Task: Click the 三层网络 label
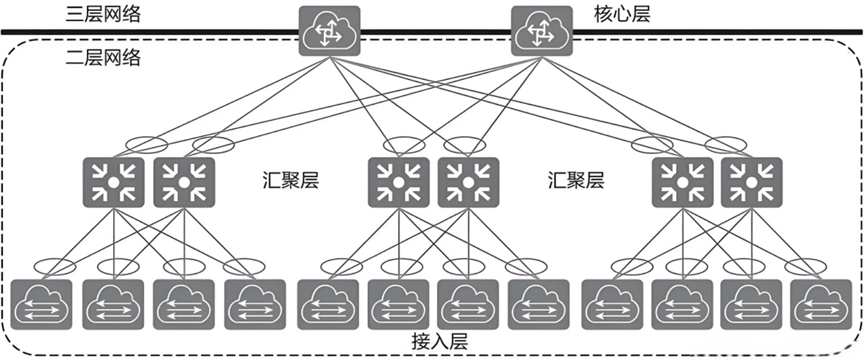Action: pyautogui.click(x=102, y=15)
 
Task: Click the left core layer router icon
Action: pyautogui.click(x=328, y=32)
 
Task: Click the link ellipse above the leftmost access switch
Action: pyautogui.click(x=56, y=266)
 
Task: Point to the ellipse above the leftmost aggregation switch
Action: pyautogui.click(x=146, y=144)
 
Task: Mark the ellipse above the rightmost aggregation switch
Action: pyautogui.click(x=726, y=144)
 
